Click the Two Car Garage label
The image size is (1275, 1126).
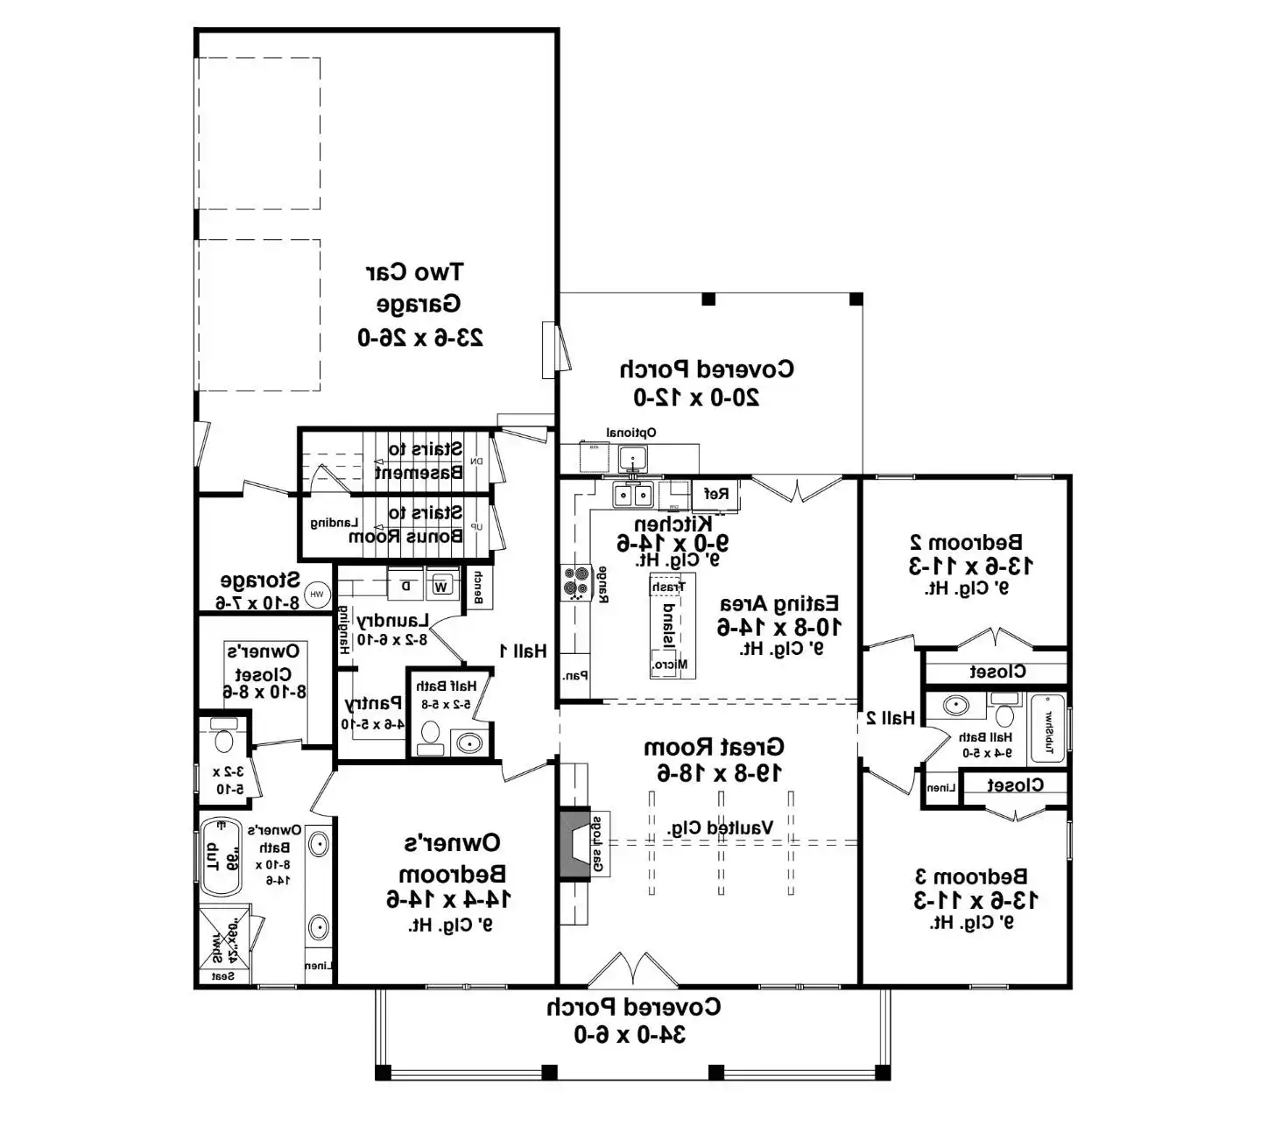click(419, 304)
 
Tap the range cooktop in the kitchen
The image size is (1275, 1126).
click(576, 582)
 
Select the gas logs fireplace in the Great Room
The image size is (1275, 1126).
click(574, 844)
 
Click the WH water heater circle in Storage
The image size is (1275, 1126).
click(317, 595)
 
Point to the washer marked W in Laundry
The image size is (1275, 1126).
click(442, 586)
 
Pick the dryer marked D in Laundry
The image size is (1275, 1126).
click(405, 586)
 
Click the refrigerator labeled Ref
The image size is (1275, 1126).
click(716, 494)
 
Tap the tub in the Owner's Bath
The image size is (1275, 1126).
click(220, 856)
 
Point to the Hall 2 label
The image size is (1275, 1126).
click(891, 718)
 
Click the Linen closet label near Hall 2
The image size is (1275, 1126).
click(940, 788)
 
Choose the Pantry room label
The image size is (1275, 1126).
click(373, 703)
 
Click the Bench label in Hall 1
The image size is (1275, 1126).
click(478, 588)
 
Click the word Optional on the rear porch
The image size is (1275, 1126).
click(630, 433)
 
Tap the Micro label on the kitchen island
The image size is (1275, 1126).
click(670, 665)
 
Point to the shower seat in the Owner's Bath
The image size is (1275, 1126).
click(223, 976)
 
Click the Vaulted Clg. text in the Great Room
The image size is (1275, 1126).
click(720, 827)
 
